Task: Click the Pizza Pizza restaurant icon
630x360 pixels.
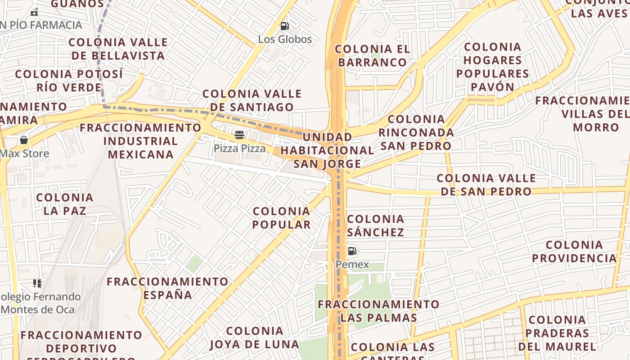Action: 239,135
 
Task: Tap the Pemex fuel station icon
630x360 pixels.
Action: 352,251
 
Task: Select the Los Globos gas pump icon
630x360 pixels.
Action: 284,26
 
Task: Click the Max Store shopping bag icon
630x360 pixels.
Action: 24,140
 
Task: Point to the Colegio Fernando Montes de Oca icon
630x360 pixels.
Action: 37,283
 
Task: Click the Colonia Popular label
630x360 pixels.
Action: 282,218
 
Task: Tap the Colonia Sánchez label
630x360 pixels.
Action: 375,225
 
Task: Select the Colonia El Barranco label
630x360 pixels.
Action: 372,55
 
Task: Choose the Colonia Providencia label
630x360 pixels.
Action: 574,252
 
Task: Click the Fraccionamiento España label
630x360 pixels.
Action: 167,288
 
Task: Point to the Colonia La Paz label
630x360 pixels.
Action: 65,204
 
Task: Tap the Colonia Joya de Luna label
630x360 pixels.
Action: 254,338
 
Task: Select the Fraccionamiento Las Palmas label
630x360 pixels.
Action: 378,311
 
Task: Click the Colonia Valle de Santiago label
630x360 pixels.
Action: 252,100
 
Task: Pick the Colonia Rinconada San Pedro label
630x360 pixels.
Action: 416,132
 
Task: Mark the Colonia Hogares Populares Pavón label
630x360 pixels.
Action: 492,67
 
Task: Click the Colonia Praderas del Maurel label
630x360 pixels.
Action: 557,333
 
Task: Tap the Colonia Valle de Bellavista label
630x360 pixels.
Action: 118,49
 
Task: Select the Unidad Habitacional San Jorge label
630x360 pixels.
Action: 327,150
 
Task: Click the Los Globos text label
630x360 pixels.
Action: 285,40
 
